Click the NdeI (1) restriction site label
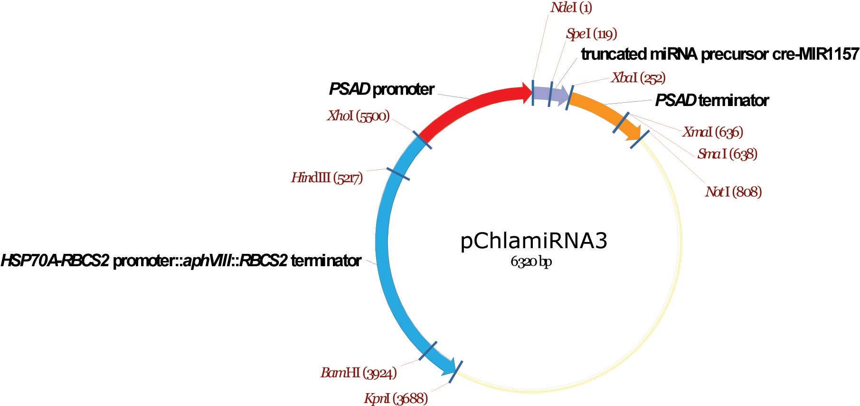click(x=571, y=8)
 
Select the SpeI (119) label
click(x=591, y=34)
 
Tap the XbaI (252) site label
click(x=638, y=78)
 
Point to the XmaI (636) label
click(x=712, y=132)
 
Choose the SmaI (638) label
click(x=727, y=154)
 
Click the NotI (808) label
click(x=733, y=192)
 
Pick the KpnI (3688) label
click(x=396, y=398)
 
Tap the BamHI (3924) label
click(x=359, y=373)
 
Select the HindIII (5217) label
click(x=327, y=178)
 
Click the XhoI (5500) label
click(x=358, y=116)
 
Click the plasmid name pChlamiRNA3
click(x=533, y=241)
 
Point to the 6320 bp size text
click(x=531, y=262)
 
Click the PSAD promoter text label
click(x=381, y=89)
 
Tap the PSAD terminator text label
click(x=711, y=101)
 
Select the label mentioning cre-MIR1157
click(x=719, y=54)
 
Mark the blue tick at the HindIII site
click(x=398, y=174)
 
